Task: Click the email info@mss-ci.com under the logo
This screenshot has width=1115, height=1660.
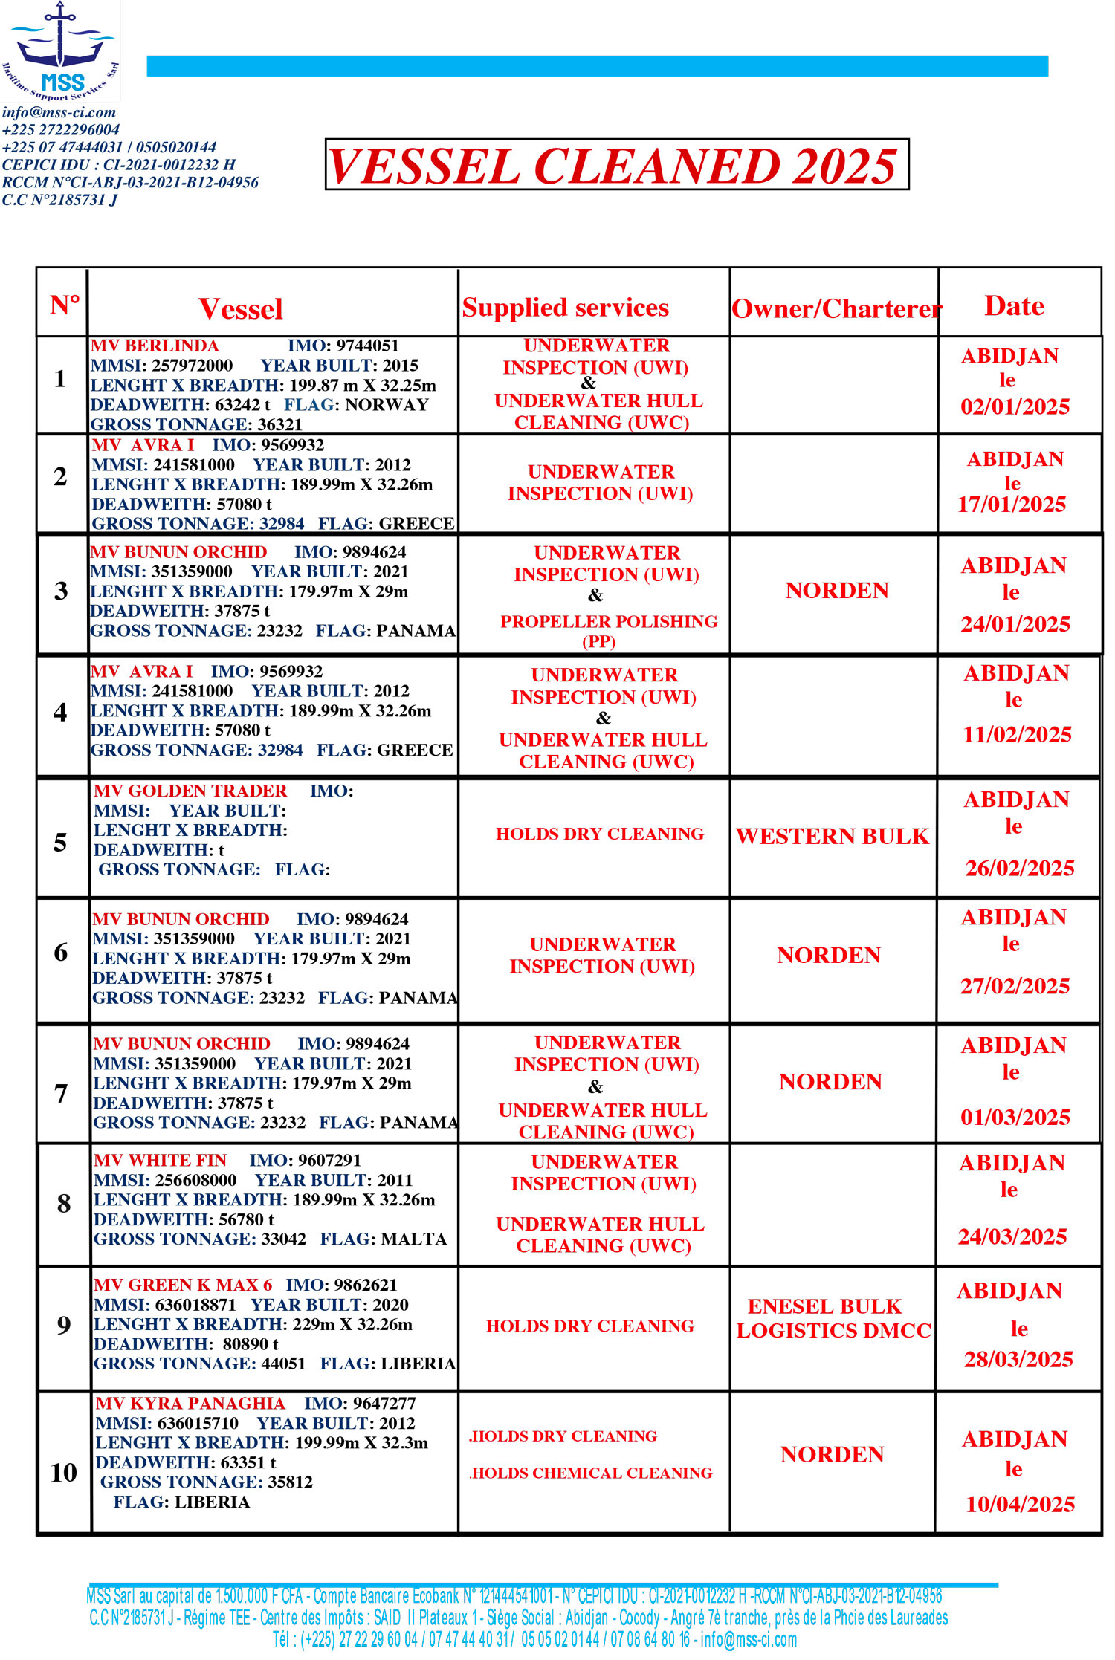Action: tap(59, 112)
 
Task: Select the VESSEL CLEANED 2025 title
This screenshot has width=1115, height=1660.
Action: tap(616, 165)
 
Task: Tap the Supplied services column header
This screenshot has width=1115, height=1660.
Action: tap(565, 308)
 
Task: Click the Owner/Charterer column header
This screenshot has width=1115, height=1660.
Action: tap(836, 308)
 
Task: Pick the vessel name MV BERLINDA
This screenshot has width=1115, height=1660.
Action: tap(155, 346)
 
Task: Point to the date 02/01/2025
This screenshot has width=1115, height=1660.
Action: tap(1015, 406)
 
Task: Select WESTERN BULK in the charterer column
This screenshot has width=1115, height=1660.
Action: tap(833, 836)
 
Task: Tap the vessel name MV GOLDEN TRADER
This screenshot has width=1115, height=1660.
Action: tap(190, 791)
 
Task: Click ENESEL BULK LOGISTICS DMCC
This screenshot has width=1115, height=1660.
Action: tap(833, 1318)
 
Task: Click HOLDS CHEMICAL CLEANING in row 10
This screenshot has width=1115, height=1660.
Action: tap(592, 1473)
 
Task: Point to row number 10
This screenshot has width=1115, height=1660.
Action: tap(64, 1472)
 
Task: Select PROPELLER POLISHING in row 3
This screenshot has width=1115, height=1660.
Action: tap(609, 622)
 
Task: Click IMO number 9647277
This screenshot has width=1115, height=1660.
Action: tap(384, 1403)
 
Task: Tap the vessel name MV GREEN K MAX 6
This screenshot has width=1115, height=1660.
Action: tap(183, 1285)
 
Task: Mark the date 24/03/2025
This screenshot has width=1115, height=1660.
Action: tap(1012, 1236)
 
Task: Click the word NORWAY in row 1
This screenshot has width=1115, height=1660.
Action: tap(387, 405)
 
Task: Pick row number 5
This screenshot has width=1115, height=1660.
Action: tap(61, 842)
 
